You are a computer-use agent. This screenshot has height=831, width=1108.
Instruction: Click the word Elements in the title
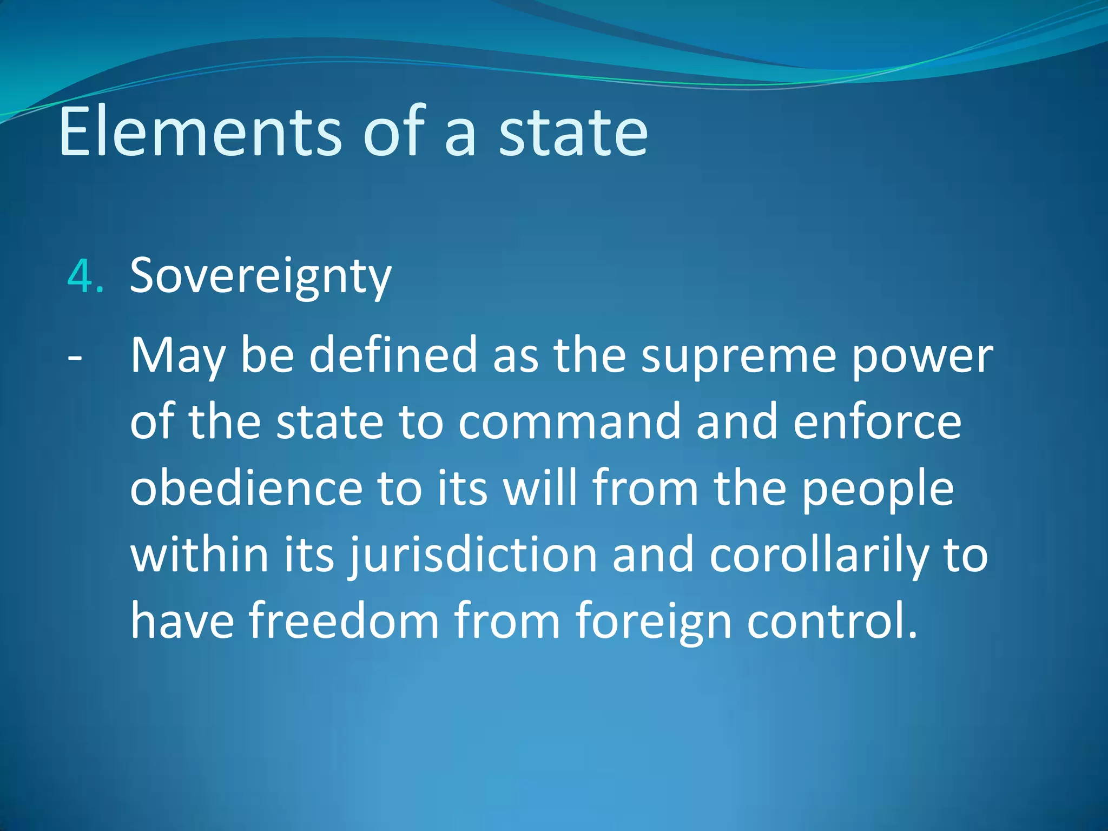(x=200, y=133)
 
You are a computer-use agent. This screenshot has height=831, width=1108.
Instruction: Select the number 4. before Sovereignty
(x=85, y=276)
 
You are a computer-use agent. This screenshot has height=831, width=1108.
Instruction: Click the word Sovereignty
(x=260, y=276)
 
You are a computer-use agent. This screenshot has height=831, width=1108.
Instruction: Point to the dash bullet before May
(x=75, y=358)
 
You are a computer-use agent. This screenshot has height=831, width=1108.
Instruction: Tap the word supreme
(x=738, y=357)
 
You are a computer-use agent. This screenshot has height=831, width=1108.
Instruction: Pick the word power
(x=922, y=357)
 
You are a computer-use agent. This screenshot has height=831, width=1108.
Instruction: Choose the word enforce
(x=877, y=423)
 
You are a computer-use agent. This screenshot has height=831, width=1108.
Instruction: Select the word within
(x=200, y=555)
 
